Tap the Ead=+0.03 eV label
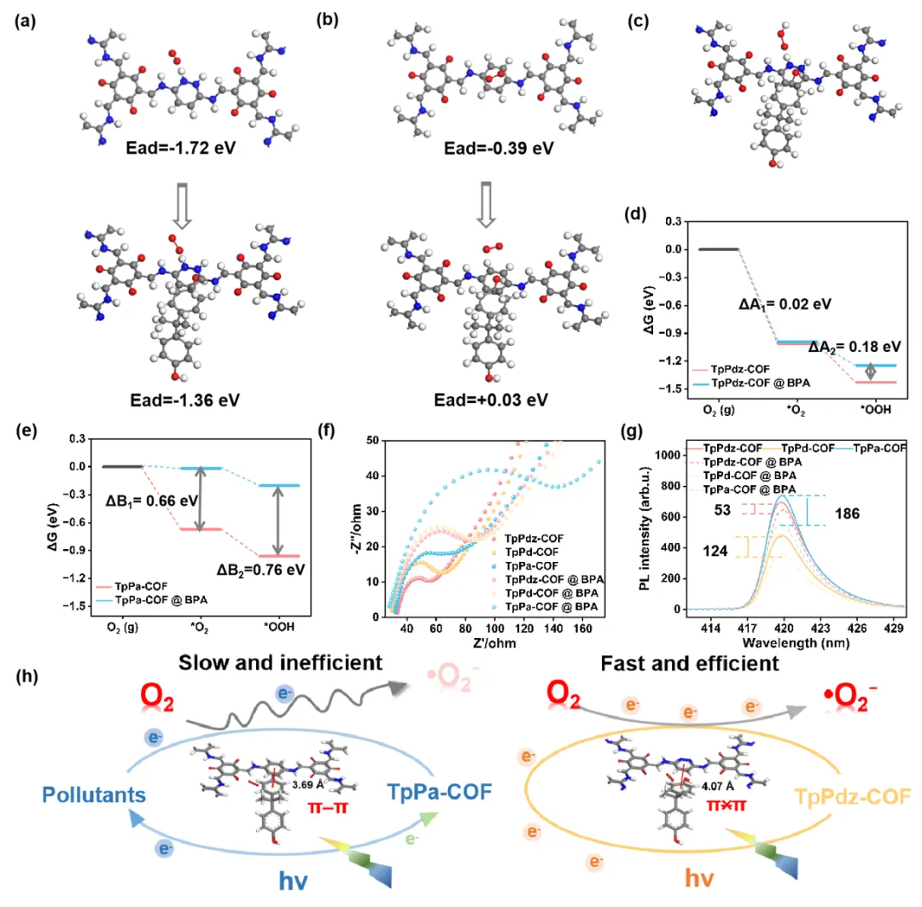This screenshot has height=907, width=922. pos(484,398)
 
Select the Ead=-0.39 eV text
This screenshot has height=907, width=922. pos(484,148)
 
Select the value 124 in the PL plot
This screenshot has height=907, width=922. pos(716,552)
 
